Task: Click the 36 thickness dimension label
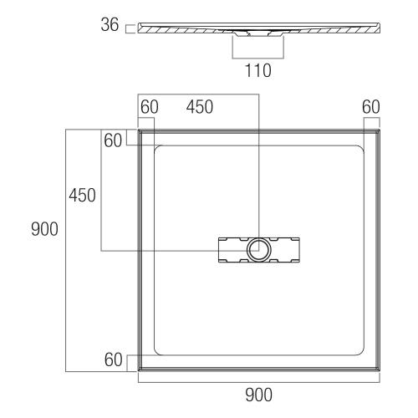click(x=110, y=28)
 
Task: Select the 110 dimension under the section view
click(x=258, y=71)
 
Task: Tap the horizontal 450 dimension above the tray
click(x=199, y=106)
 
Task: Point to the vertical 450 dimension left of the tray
click(x=82, y=195)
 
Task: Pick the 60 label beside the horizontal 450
click(x=150, y=106)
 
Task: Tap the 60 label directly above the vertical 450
click(x=114, y=140)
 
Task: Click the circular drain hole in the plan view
click(x=259, y=249)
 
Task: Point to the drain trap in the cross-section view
click(x=258, y=35)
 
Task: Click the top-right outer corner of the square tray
click(x=380, y=130)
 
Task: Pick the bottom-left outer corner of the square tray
click(x=138, y=371)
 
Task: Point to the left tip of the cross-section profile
click(x=139, y=26)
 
